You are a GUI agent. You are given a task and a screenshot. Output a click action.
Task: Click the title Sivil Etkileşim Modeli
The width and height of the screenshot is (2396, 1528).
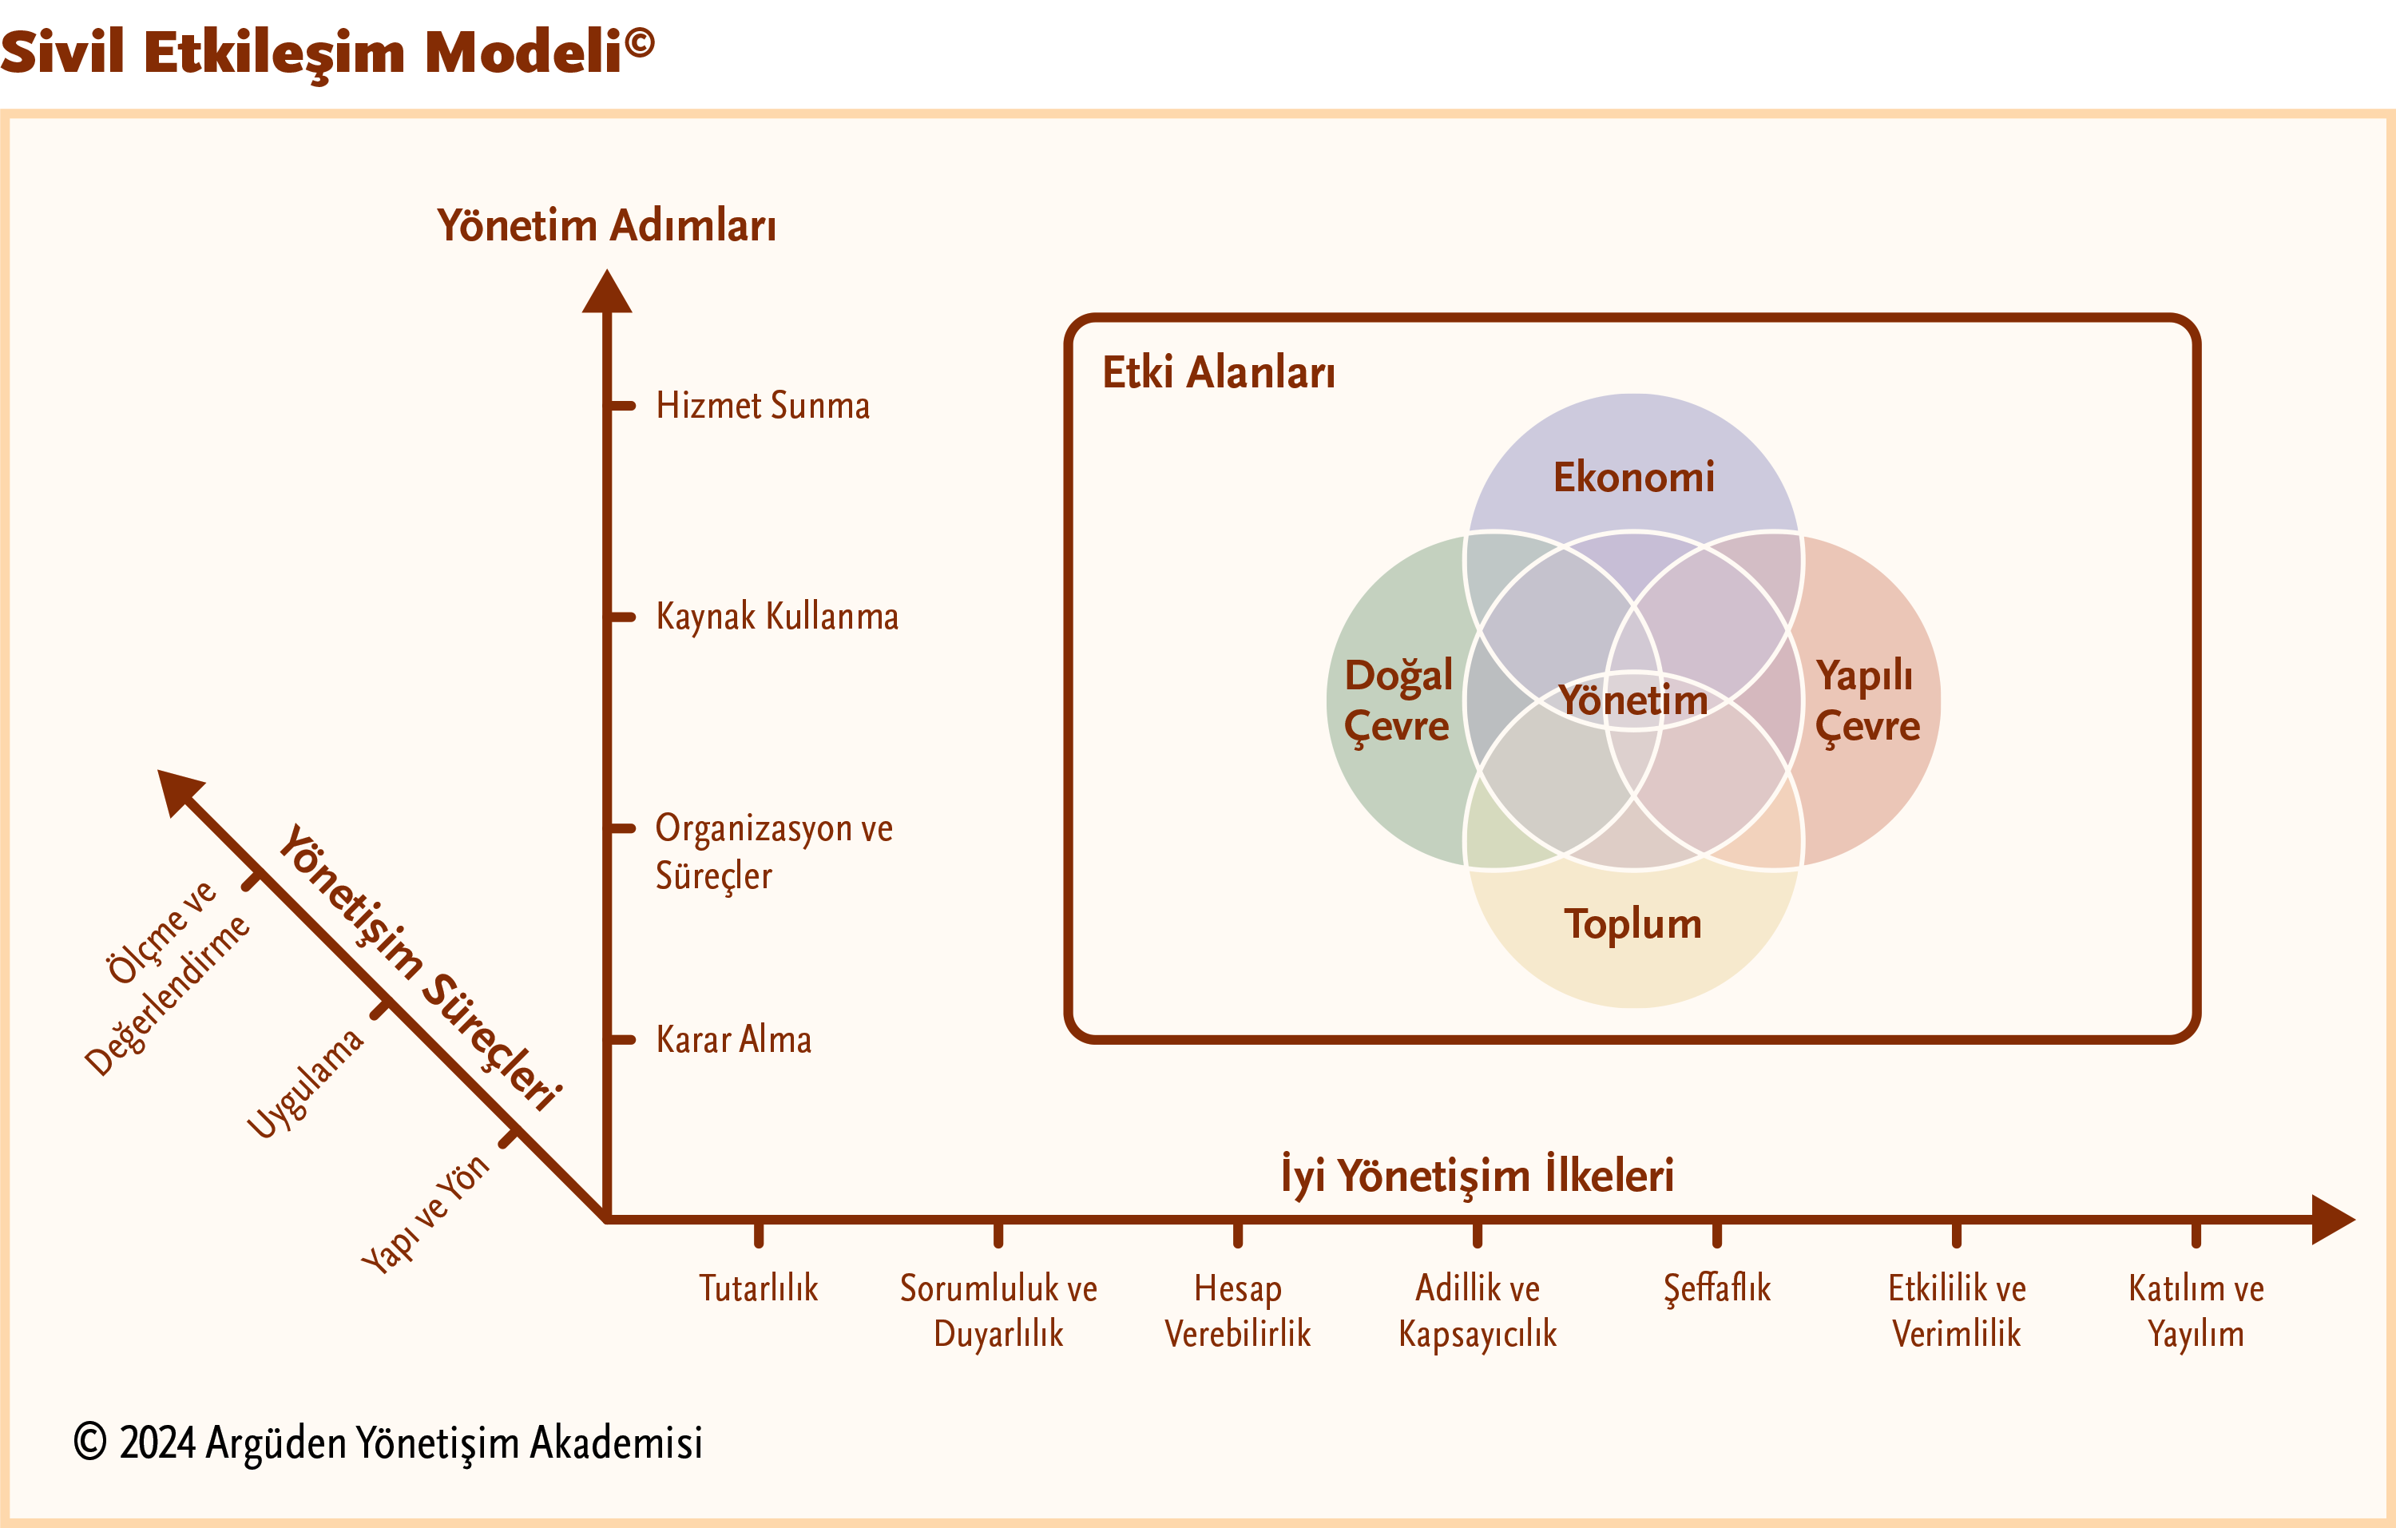(327, 52)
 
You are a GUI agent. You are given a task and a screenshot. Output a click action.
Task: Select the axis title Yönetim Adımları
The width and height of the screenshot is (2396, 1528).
(606, 224)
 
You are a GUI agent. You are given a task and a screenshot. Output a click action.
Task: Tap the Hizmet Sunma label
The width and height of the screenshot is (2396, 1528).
(762, 406)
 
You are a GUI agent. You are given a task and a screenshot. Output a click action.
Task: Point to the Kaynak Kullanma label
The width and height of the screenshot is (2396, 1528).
(777, 617)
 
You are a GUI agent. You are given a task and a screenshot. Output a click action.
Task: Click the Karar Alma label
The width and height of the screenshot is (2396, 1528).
(733, 1039)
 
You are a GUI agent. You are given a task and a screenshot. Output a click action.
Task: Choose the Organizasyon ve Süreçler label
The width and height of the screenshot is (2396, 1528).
(773, 851)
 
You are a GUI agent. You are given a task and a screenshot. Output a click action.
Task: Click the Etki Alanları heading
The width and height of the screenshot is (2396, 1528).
(1218, 373)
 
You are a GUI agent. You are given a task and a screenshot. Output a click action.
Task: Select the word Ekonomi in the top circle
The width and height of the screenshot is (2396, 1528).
(1634, 478)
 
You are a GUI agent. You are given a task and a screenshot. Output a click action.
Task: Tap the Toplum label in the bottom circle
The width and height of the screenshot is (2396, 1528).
(1632, 924)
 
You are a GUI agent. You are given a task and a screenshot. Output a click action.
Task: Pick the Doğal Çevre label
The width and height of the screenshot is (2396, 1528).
(1397, 700)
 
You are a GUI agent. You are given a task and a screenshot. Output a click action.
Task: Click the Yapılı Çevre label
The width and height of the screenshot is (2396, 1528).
(1866, 700)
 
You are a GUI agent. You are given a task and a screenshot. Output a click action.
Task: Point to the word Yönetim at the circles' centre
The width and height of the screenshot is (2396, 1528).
(1632, 700)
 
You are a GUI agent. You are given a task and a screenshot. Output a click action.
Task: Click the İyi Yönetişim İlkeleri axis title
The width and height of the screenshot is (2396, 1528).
(1477, 1175)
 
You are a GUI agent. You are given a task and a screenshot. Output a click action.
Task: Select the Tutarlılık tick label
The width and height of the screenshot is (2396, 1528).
(758, 1288)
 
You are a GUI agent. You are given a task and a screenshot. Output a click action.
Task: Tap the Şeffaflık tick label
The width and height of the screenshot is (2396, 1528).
(1717, 1288)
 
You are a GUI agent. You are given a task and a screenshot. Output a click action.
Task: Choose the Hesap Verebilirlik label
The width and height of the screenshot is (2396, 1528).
(1238, 1311)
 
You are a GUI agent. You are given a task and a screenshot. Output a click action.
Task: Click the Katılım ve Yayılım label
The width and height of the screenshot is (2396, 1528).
(2196, 1311)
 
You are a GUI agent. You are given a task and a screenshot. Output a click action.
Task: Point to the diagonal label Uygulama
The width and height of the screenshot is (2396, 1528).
(305, 1083)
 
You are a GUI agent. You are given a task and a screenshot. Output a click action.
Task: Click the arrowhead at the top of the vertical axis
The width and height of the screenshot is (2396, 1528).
(607, 292)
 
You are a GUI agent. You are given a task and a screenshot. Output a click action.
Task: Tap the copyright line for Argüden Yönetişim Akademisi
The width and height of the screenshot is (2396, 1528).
(388, 1443)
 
